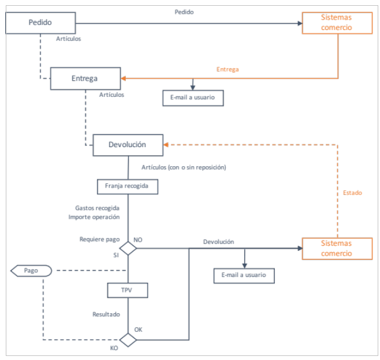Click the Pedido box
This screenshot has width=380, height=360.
pyautogui.click(x=40, y=23)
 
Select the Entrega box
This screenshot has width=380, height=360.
pyautogui.click(x=85, y=78)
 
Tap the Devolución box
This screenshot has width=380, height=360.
pyautogui.click(x=128, y=145)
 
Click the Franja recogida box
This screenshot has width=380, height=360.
pyautogui.click(x=128, y=187)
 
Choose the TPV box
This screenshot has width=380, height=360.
pyautogui.click(x=128, y=290)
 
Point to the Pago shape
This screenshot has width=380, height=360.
pyautogui.click(x=31, y=271)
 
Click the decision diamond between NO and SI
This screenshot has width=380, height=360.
pyautogui.click(x=128, y=249)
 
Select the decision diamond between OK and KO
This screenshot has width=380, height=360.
pyautogui.click(x=128, y=340)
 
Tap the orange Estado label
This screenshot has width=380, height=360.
pyautogui.click(x=352, y=193)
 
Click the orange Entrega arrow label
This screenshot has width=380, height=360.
pyautogui.click(x=228, y=69)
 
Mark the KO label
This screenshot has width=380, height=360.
pyautogui.click(x=114, y=348)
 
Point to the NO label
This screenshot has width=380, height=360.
pyautogui.click(x=138, y=239)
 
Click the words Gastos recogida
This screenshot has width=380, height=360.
pyautogui.click(x=97, y=208)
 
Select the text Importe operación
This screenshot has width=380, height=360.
pyautogui.click(x=94, y=217)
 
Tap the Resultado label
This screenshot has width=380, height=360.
pyautogui.click(x=106, y=314)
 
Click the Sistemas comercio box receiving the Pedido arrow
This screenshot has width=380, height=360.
pyautogui.click(x=337, y=23)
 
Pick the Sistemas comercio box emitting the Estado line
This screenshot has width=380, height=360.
pyautogui.click(x=337, y=249)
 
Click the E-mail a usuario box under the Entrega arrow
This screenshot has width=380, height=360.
pyautogui.click(x=193, y=98)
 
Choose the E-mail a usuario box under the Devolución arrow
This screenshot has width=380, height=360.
pyautogui.click(x=244, y=276)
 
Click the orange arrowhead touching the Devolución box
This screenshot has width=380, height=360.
pyautogui.click(x=166, y=145)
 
